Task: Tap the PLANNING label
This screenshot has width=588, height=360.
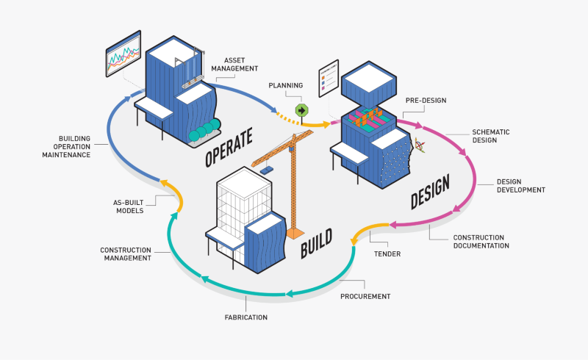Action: click(x=286, y=85)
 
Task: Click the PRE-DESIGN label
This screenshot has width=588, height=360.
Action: click(x=426, y=100)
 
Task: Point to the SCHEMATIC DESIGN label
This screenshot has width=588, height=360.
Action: click(x=491, y=137)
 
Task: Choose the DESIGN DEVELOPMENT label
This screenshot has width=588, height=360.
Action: click(x=520, y=185)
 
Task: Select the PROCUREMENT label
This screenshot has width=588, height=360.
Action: click(x=365, y=296)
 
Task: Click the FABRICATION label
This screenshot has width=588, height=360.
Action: click(x=245, y=317)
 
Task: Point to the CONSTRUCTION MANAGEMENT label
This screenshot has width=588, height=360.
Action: click(x=126, y=253)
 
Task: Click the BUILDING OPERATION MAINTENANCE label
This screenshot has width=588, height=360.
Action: click(x=85, y=145)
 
